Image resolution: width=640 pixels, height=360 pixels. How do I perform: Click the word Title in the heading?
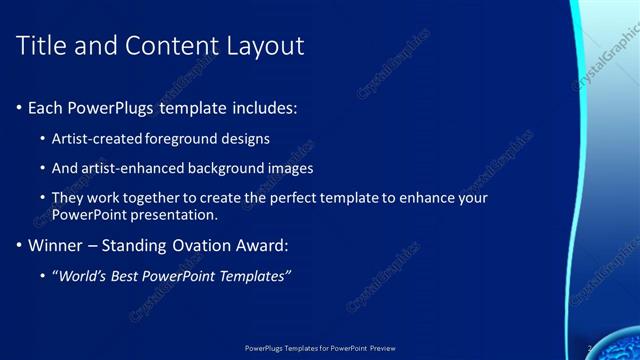pos(44,45)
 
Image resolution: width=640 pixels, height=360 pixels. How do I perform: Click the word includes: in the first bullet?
pos(263,107)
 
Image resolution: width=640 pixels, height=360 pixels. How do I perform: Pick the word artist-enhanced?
pos(136,168)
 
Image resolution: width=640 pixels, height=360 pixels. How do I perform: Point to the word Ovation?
pos(205,245)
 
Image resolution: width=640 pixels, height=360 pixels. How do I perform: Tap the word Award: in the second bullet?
pos(266,245)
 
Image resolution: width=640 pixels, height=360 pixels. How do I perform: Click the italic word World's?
pos(84,276)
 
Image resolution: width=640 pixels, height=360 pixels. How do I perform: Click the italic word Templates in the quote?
pos(255,276)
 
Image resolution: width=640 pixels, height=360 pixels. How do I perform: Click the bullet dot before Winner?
pos(19,245)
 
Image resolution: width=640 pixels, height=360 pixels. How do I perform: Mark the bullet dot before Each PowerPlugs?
pos(19,107)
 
